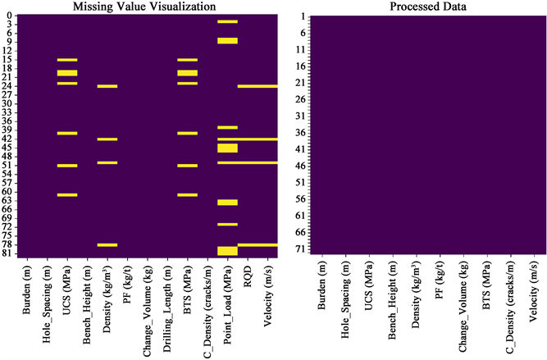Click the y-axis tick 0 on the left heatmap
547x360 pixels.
tap(10, 16)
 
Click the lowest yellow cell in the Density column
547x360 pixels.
tap(107, 245)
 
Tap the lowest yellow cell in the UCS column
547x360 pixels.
tap(67, 195)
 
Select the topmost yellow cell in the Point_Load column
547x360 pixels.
tap(227, 21)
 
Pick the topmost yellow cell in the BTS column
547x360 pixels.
tap(188, 60)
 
